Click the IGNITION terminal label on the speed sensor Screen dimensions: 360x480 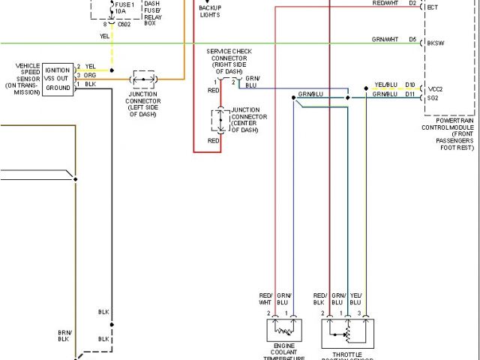click(58, 70)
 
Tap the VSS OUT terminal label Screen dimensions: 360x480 click(57, 77)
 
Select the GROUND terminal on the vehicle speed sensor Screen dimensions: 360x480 click(58, 86)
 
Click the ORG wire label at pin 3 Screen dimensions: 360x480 click(90, 76)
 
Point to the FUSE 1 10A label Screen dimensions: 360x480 click(125, 8)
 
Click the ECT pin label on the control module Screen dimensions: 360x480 click(432, 7)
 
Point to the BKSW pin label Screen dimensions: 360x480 click(435, 43)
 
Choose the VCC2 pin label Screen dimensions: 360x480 click(435, 88)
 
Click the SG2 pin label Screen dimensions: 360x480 click(433, 97)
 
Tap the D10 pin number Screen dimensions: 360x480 click(409, 85)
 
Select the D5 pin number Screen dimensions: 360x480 click(412, 39)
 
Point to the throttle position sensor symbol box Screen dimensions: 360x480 click(346, 331)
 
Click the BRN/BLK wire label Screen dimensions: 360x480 click(64, 335)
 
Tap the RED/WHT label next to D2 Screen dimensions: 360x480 click(385, 4)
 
